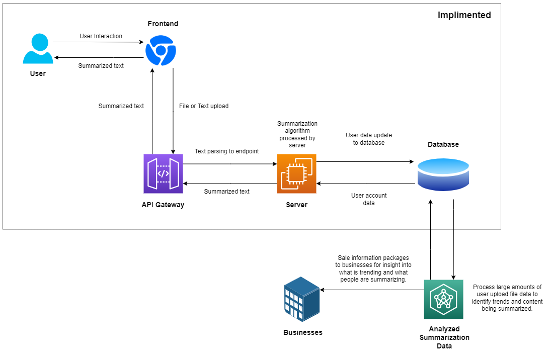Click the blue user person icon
tap(38, 49)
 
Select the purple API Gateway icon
tap(163, 173)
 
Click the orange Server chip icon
tap(296, 173)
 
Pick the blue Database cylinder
tap(443, 174)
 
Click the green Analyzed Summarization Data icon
tap(443, 299)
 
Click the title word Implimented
tap(464, 15)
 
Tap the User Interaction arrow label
tap(101, 36)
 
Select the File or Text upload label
tap(204, 106)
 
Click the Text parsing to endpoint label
tap(226, 151)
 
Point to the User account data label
tap(369, 199)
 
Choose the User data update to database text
tap(369, 139)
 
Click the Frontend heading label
tap(163, 24)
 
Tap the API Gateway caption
tap(163, 205)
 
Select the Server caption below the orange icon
tap(296, 205)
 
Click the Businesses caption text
tap(302, 332)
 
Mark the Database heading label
tap(443, 144)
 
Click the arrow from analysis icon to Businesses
tap(372, 290)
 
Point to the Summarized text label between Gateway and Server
tap(226, 192)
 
